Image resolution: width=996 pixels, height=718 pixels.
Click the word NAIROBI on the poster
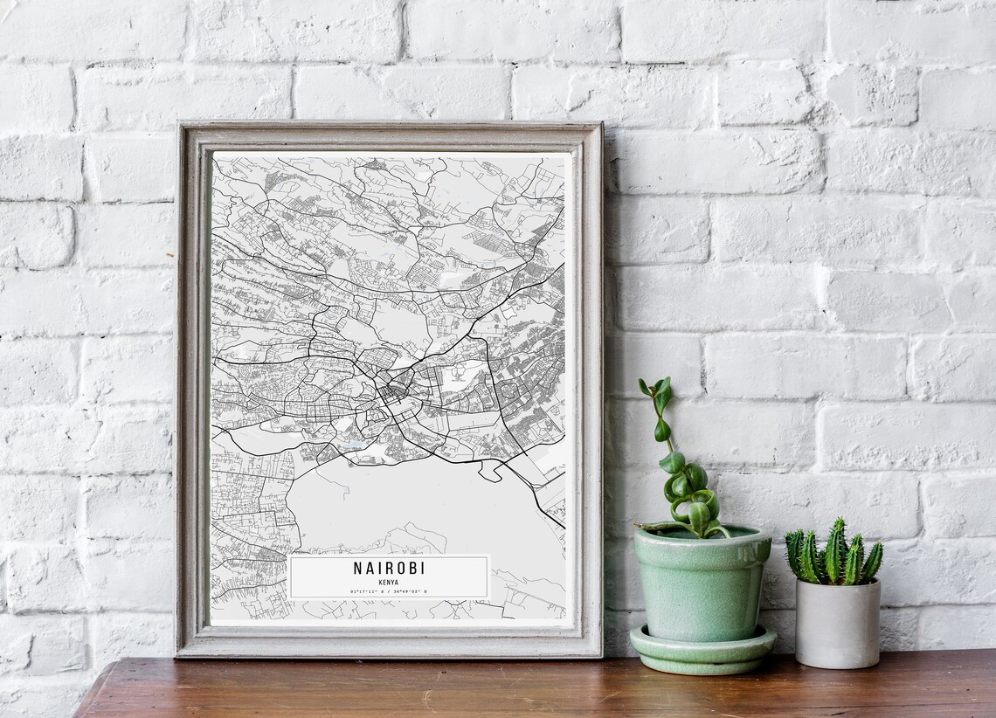[389, 568]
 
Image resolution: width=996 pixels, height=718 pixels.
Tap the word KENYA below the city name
[389, 581]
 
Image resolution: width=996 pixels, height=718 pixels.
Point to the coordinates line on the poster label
[389, 591]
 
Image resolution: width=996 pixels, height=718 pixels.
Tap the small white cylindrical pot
[836, 623]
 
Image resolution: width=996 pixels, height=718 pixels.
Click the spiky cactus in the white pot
[832, 553]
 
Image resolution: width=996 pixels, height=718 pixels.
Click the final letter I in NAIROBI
[422, 568]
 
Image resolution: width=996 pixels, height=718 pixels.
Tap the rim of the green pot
[702, 534]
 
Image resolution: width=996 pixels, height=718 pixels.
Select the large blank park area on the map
[393, 507]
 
